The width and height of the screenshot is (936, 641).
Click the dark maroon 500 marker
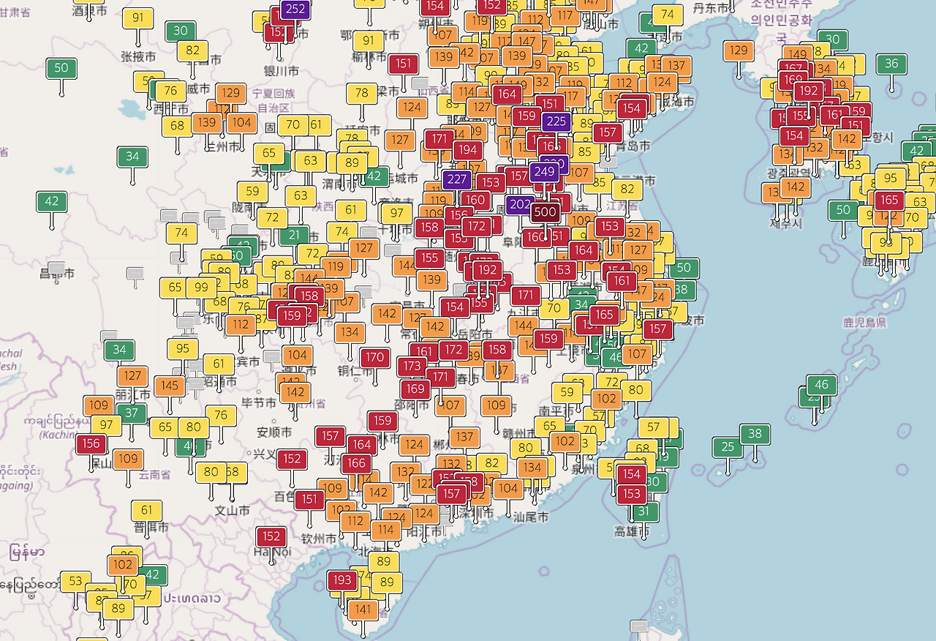click(545, 212)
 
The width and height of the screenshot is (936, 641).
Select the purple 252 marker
click(295, 10)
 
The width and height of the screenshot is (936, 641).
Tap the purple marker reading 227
click(457, 179)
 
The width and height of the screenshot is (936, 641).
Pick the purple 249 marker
click(544, 172)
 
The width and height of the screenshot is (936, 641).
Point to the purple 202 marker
click(520, 205)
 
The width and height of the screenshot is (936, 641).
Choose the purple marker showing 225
click(556, 122)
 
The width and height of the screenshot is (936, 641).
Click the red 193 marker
click(341, 580)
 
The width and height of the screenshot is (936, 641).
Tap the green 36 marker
click(891, 64)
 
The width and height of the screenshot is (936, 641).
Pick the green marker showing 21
click(294, 235)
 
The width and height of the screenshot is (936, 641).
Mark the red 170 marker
click(375, 358)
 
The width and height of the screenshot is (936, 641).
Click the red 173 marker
click(412, 366)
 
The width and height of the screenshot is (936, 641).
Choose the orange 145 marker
click(170, 386)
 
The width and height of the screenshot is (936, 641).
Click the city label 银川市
click(282, 71)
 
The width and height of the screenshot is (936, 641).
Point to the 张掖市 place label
click(138, 56)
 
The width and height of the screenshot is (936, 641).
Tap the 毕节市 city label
click(259, 402)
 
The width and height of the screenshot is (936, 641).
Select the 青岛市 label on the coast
click(633, 146)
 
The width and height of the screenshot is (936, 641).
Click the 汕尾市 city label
click(531, 517)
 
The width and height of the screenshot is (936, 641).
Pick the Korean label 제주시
click(786, 223)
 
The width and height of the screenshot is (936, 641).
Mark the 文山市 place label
click(233, 510)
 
